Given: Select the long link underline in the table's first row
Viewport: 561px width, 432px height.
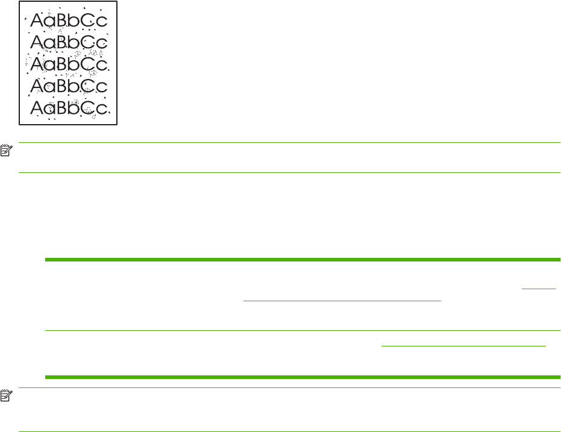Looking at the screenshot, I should tap(342, 299).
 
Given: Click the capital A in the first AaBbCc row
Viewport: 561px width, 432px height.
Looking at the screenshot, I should tap(38, 22).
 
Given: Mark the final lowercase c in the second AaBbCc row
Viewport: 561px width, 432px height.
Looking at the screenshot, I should tap(102, 44).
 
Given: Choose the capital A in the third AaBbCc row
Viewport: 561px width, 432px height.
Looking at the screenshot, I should tap(38, 63).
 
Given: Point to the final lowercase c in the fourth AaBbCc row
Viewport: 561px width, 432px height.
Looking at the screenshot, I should tap(102, 87).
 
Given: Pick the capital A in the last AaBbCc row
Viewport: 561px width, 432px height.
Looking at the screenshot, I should tap(38, 107).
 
